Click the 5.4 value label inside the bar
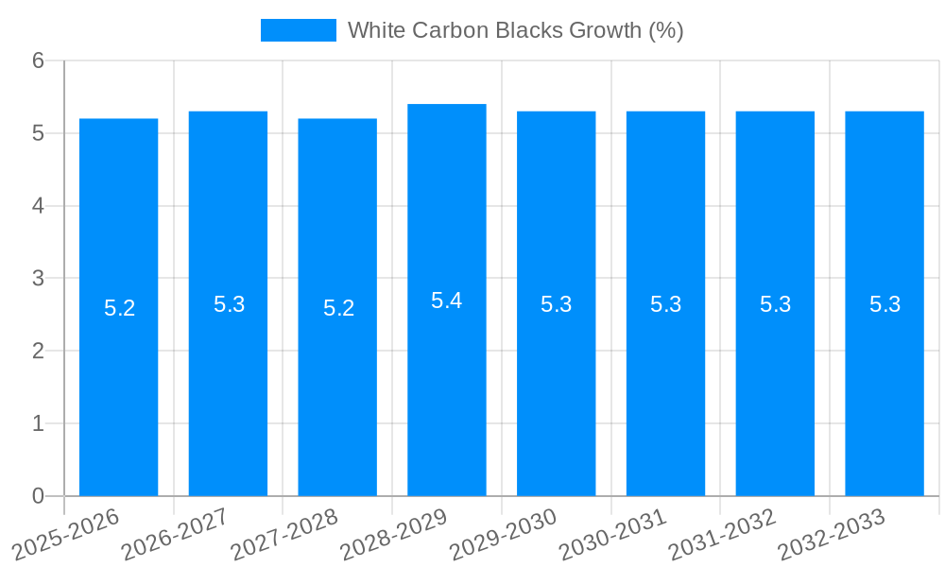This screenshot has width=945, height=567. (447, 301)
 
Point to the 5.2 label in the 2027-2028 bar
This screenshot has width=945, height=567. (338, 308)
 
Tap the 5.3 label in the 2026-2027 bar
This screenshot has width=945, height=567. (229, 304)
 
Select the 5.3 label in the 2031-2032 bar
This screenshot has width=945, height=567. (775, 304)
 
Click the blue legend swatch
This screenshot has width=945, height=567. (298, 30)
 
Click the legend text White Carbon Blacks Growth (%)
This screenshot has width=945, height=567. (515, 30)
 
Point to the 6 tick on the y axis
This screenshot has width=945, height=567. (38, 60)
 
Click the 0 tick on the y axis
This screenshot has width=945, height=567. (38, 496)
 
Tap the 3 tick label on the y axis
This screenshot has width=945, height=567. (38, 279)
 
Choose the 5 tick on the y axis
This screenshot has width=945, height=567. (38, 133)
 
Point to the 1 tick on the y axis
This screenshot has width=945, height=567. (38, 423)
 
